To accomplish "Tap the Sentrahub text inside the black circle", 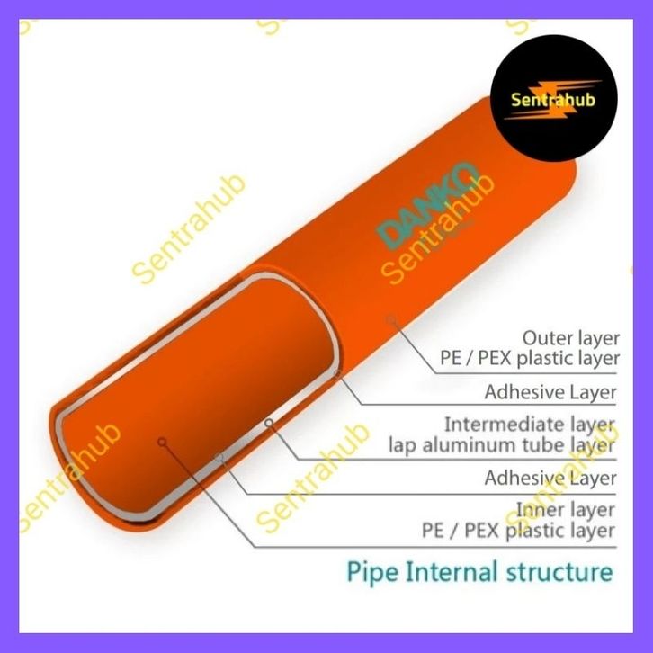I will (x=552, y=100).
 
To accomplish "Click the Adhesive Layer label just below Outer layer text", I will (x=550, y=392).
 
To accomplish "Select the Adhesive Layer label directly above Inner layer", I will (x=550, y=478).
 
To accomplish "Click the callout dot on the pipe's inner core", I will (x=162, y=440).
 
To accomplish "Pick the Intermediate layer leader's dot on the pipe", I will (x=267, y=421).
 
